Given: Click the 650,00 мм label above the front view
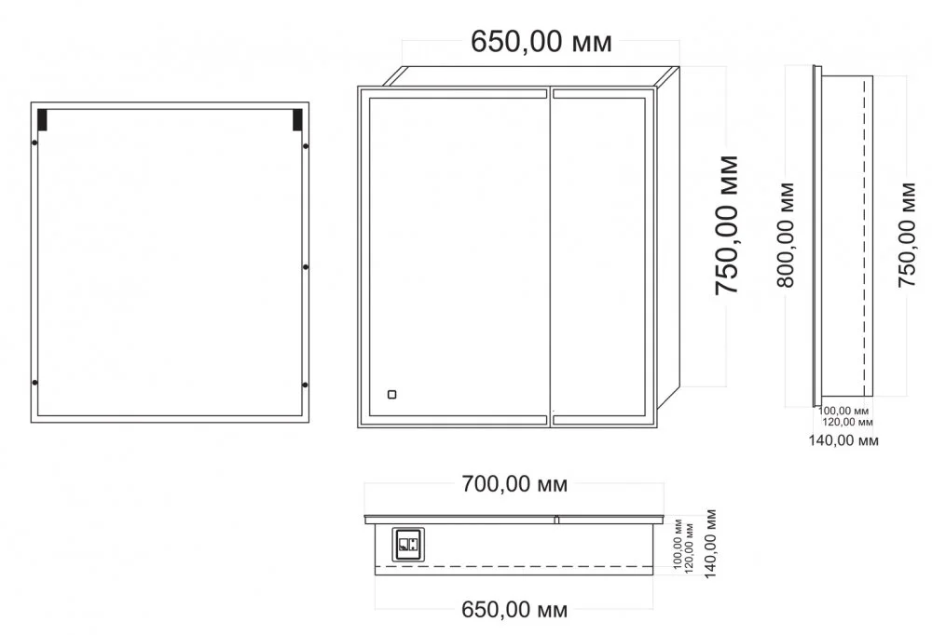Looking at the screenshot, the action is (x=541, y=43).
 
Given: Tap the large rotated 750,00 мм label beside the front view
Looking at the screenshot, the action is (x=726, y=225).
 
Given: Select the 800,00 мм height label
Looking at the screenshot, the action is (x=786, y=235).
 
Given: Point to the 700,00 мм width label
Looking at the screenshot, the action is (x=514, y=485).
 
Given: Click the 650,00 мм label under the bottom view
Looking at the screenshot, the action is (x=514, y=610).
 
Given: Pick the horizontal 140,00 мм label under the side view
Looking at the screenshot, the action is (x=843, y=440).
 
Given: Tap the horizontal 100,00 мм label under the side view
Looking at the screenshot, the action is (x=843, y=411).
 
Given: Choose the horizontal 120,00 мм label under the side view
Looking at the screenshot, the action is (x=847, y=422).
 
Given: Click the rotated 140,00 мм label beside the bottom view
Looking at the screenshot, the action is (x=709, y=544).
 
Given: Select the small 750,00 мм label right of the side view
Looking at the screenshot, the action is (x=907, y=235).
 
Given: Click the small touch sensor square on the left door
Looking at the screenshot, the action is (x=391, y=395).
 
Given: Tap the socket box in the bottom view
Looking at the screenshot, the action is (x=408, y=544).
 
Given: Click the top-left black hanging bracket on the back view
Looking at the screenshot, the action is (x=42, y=119).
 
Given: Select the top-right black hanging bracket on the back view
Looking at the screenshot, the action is (x=297, y=119).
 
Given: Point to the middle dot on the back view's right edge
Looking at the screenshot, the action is (x=306, y=267).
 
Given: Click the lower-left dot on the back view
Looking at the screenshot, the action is (x=34, y=383).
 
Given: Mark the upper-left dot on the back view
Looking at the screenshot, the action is (x=34, y=142).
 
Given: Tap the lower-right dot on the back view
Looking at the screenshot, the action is (x=306, y=385).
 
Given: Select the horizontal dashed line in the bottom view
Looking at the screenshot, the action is (x=514, y=567).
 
